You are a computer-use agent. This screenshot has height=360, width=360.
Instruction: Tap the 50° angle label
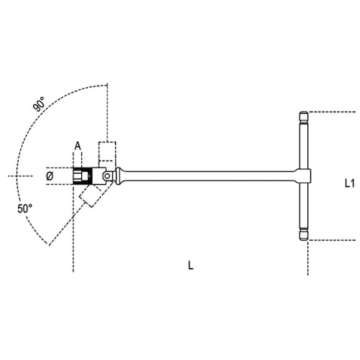pyautogui.click(x=25, y=208)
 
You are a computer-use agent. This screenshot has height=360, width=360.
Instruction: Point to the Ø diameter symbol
pyautogui.click(x=50, y=175)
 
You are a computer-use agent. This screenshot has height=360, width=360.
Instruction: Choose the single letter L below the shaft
pyautogui.click(x=190, y=265)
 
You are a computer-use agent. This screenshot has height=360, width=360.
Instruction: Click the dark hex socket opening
pyautogui.click(x=78, y=175)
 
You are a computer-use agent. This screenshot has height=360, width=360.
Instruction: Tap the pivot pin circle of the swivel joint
pyautogui.click(x=107, y=175)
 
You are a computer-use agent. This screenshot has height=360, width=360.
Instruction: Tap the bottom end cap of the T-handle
pyautogui.click(x=304, y=234)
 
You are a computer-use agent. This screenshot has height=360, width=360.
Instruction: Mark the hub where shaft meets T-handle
pyautogui.click(x=304, y=175)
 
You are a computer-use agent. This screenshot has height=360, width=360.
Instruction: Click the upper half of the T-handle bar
pyautogui.click(x=304, y=144)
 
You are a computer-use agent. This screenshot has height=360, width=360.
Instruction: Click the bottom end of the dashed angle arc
pyautogui.click(x=49, y=243)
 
